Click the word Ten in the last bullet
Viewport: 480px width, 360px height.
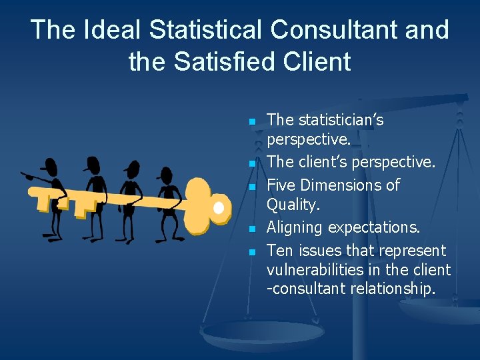[x=279, y=251]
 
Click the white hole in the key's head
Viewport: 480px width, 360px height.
[x=219, y=207]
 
